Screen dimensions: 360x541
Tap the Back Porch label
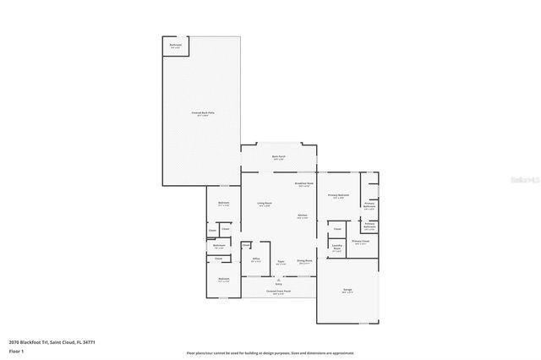click(279, 157)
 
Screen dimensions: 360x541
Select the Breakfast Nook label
click(304, 184)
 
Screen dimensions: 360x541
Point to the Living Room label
click(264, 204)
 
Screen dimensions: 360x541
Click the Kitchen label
click(302, 216)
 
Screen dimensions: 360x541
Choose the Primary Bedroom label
click(338, 196)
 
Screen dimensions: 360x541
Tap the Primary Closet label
click(360, 243)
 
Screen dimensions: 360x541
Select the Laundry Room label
click(336, 248)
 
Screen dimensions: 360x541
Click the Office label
click(255, 260)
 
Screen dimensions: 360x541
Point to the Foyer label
click(280, 263)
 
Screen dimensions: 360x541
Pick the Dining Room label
click(303, 263)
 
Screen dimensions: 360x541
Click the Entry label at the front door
click(279, 284)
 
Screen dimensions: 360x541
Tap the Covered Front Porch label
click(278, 292)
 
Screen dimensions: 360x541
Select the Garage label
click(347, 290)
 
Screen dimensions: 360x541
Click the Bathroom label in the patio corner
click(176, 45)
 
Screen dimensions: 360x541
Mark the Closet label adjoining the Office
click(244, 248)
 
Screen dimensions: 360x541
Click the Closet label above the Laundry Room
click(336, 229)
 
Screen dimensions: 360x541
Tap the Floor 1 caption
click(16, 351)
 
